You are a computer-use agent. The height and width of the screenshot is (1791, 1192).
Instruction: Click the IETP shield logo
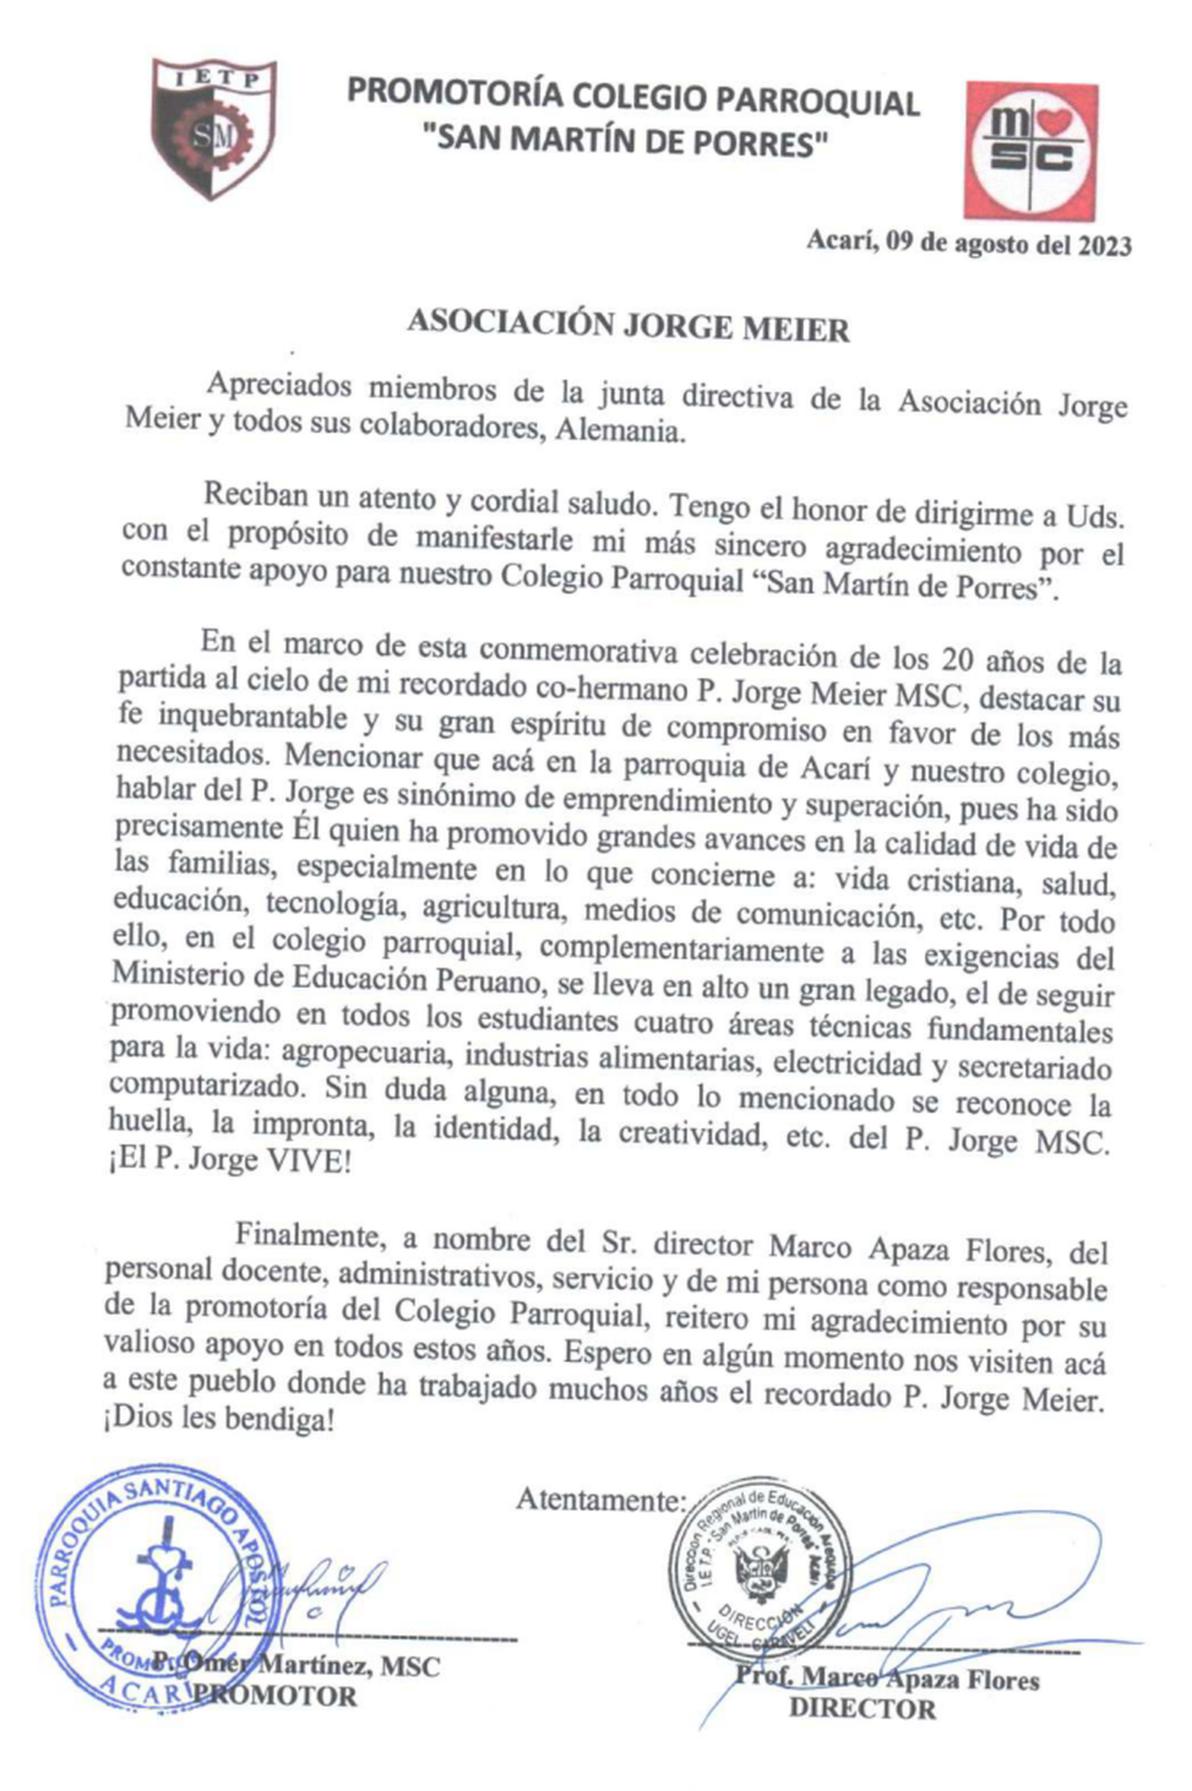coord(213,129)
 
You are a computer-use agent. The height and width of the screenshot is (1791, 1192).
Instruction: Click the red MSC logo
coord(1032,150)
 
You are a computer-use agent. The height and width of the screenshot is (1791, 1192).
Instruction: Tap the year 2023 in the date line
coord(1103,247)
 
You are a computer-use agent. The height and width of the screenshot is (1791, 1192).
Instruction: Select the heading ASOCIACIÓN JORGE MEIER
coord(628,329)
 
